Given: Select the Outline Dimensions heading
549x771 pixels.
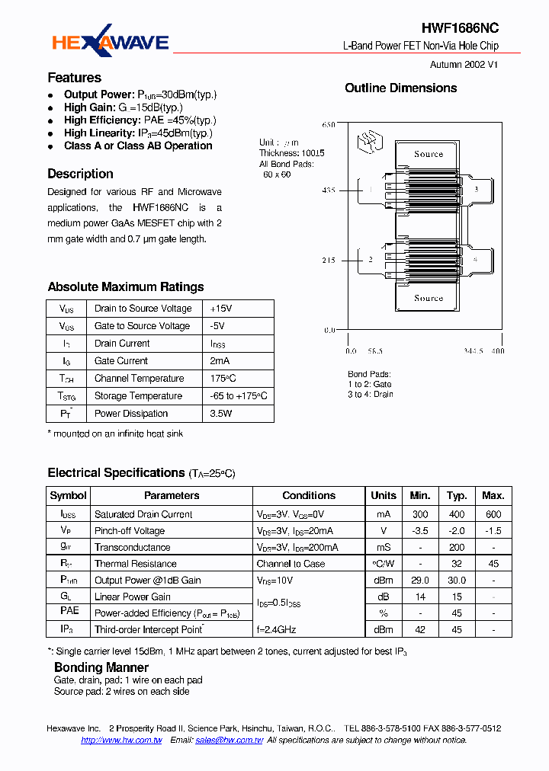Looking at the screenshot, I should tap(400, 88).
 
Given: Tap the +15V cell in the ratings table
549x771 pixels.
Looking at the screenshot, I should tap(221, 309).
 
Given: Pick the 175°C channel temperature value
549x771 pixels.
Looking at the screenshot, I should tap(223, 379).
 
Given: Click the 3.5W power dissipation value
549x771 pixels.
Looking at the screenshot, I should tap(221, 414).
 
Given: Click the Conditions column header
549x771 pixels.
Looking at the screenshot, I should tap(309, 496).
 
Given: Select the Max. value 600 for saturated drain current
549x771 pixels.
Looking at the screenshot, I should tap(493, 515).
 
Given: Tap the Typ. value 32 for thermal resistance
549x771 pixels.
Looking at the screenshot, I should tap(457, 565).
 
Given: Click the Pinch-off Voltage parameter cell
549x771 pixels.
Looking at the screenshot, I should tap(130, 531).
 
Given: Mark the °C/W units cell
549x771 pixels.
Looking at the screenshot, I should tap(384, 565).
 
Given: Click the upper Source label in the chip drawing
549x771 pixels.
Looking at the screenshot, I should tap(429, 154).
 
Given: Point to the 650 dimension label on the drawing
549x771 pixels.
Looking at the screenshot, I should tap(329, 124).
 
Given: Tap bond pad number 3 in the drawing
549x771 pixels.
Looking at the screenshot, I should tap(476, 189).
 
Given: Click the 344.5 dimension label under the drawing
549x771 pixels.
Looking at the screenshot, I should tap(474, 351).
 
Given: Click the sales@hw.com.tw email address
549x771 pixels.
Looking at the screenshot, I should tap(229, 741).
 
